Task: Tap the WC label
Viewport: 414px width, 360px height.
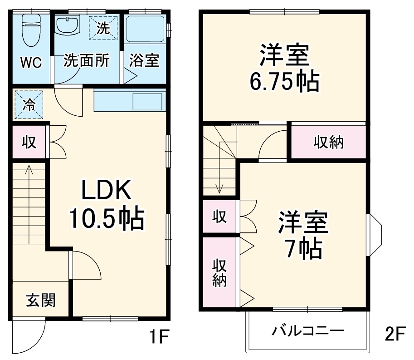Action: tap(31, 63)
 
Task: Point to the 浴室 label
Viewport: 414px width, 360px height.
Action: tap(144, 61)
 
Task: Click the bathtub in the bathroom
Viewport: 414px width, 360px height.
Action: tap(145, 32)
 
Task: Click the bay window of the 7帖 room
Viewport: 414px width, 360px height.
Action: tap(375, 234)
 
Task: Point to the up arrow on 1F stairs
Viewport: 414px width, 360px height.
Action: tap(29, 170)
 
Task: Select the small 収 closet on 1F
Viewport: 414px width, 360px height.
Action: tap(29, 142)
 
